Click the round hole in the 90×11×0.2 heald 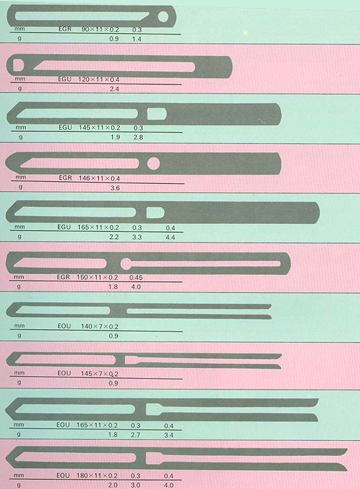(x=163, y=16)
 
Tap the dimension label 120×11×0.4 (x=99, y=79)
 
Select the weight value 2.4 (x=114, y=89)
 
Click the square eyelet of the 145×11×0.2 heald (x=156, y=114)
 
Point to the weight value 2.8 (x=138, y=137)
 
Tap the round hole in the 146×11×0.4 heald (x=154, y=164)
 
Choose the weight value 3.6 (x=115, y=188)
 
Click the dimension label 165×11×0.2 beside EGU (x=98, y=227)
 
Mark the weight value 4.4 (x=171, y=237)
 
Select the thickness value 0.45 (x=136, y=277)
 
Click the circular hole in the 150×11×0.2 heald (x=126, y=264)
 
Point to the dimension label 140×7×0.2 (x=100, y=327)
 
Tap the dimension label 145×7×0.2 (x=99, y=373)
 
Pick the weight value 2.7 (x=135, y=435)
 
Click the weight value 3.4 (x=168, y=435)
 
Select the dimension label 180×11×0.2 (x=97, y=476)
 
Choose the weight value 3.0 (x=135, y=485)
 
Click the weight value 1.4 (x=137, y=39)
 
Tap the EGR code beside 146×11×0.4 (x=66, y=178)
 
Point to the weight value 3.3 (x=137, y=237)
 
